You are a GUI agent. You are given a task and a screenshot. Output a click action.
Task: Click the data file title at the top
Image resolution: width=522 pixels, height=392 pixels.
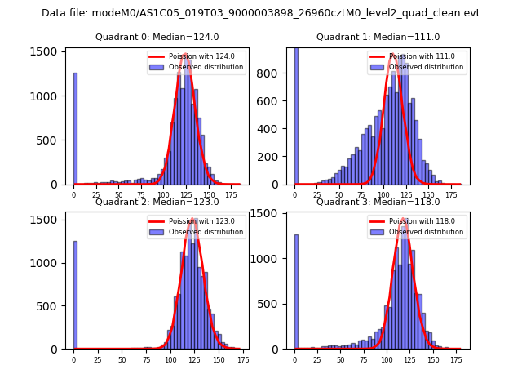click(261, 13)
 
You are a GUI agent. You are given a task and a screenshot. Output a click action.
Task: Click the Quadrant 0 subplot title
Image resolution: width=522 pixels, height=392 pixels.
click(157, 37)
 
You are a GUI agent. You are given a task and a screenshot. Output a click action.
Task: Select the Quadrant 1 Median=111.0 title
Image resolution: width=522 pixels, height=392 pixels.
click(378, 37)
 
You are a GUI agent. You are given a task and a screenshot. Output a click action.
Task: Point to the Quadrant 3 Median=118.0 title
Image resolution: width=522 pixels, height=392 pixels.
click(378, 202)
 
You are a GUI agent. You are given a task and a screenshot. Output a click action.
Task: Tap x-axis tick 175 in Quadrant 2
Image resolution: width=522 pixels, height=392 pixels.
click(242, 359)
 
